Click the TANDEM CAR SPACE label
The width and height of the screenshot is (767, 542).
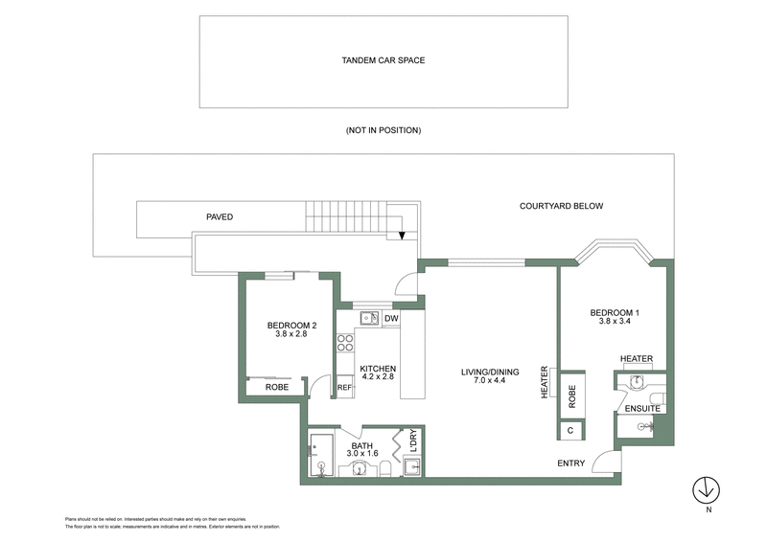pyautogui.click(x=383, y=60)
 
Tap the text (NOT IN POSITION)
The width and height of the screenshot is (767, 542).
pyautogui.click(x=383, y=130)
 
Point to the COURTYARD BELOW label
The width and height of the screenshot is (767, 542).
pyautogui.click(x=561, y=206)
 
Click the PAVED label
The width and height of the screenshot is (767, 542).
pyautogui.click(x=220, y=217)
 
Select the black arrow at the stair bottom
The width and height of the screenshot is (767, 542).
pyautogui.click(x=402, y=234)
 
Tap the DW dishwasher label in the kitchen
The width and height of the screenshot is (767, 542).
pyautogui.click(x=391, y=319)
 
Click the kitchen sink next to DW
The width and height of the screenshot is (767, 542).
pyautogui.click(x=369, y=319)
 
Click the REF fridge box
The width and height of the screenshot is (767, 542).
pyautogui.click(x=344, y=388)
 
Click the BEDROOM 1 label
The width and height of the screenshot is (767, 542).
pyautogui.click(x=614, y=313)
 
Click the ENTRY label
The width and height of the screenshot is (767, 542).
pyautogui.click(x=571, y=464)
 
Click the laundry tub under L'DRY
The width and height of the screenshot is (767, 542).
pyautogui.click(x=411, y=466)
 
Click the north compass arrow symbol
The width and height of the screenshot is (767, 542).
pyautogui.click(x=707, y=488)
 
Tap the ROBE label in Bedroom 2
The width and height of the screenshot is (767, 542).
pyautogui.click(x=277, y=389)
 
